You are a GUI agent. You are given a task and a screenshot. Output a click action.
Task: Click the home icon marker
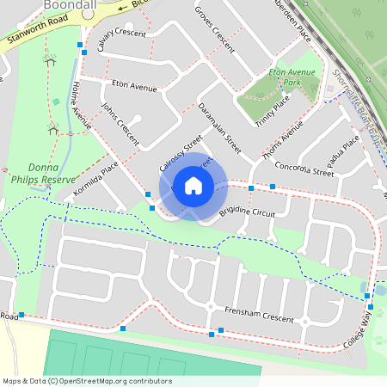coord(193,185)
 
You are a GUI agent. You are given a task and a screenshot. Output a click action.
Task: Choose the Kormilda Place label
coord(95,175)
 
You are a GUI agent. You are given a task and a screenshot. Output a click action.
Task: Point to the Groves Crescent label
coord(215,28)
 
